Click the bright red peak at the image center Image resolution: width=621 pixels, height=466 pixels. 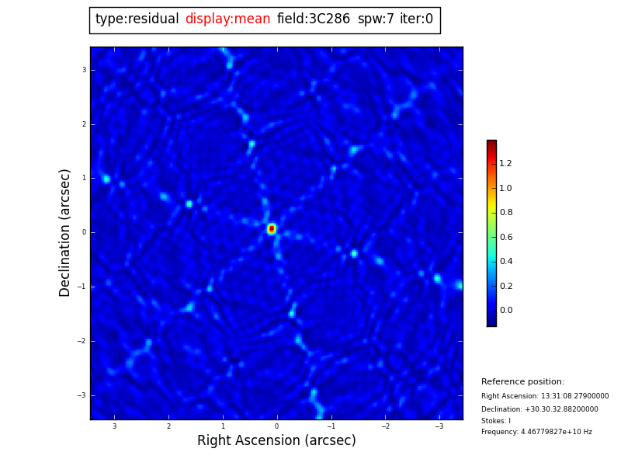(272, 228)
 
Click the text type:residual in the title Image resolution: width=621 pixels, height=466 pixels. (137, 19)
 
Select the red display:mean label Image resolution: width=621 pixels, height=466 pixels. (227, 19)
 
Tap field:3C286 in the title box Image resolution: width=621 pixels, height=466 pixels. (313, 19)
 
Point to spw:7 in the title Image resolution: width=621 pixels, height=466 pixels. (376, 19)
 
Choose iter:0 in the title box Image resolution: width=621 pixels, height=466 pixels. (416, 19)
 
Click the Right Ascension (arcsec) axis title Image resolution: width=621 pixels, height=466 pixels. (276, 441)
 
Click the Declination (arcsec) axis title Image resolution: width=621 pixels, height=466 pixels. (65, 232)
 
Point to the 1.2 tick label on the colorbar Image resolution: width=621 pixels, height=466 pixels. (505, 163)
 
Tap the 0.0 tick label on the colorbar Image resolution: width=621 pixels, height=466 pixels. (505, 311)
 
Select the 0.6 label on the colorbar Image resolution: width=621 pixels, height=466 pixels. (505, 237)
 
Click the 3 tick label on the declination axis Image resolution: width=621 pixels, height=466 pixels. (84, 70)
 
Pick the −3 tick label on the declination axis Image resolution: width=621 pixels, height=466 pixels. (82, 395)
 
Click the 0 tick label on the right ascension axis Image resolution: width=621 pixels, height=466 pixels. (276, 426)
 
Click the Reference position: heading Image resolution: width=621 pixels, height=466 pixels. (522, 382)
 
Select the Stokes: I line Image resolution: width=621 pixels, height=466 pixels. (495, 421)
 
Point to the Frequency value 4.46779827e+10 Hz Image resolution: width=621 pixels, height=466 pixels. (536, 432)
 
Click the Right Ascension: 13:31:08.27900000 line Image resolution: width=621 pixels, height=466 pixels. (545, 396)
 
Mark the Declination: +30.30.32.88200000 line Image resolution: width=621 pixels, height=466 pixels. (539, 409)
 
